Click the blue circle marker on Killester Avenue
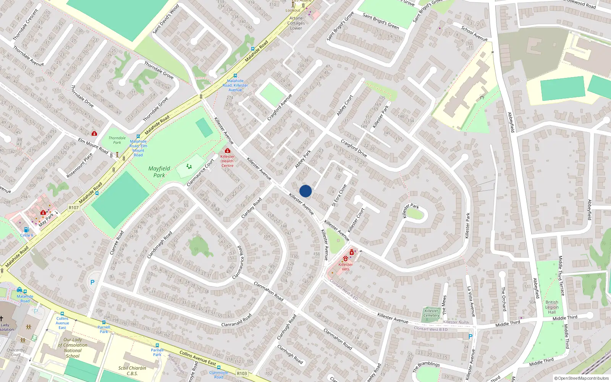pyautogui.click(x=305, y=191)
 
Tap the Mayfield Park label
pyautogui.click(x=159, y=172)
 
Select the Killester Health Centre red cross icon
pyautogui.click(x=228, y=151)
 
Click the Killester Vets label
pyautogui.click(x=346, y=267)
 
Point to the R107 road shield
pyautogui.click(x=74, y=208)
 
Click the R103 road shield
pyautogui.click(x=242, y=373)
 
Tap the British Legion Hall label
pyautogui.click(x=552, y=307)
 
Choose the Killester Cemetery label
pyautogui.click(x=431, y=313)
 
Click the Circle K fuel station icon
pyautogui.click(x=26, y=230)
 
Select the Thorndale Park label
pyautogui.click(x=117, y=140)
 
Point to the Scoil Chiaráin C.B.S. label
pyautogui.click(x=132, y=371)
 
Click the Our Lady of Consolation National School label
pyautogui.click(x=73, y=348)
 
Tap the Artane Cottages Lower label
pyautogui.click(x=296, y=23)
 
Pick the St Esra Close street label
pyautogui.click(x=339, y=195)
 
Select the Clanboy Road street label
pyautogui.click(x=252, y=208)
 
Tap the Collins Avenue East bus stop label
pyautogui.click(x=62, y=323)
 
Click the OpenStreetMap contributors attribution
pyautogui.click(x=582, y=379)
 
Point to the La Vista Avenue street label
pyautogui.click(x=471, y=302)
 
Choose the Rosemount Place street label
pyautogui.click(x=79, y=166)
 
